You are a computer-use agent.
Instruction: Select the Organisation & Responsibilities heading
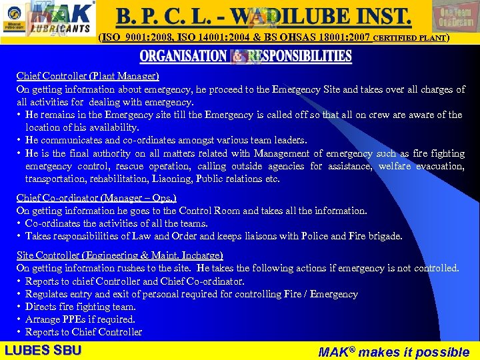pos(245,57)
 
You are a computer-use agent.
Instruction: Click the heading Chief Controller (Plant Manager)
pos(87,77)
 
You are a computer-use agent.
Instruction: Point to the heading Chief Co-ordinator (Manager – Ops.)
pos(96,198)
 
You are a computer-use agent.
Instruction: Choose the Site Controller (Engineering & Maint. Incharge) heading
pos(119,255)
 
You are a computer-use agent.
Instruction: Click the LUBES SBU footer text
pos(43,350)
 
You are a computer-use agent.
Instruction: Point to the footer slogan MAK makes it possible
pos(393,351)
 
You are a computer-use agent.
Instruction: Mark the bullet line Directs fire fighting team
pos(80,307)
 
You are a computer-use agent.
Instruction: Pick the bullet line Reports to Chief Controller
pos(83,332)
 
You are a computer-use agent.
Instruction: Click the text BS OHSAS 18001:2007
pos(321,38)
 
